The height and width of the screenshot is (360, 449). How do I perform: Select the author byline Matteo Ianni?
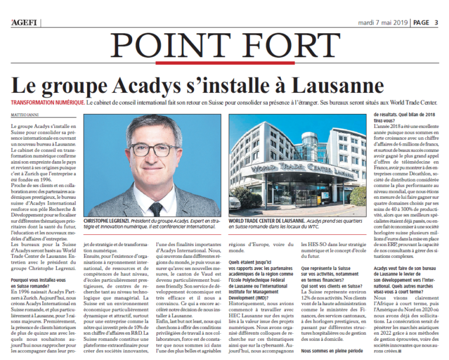click(x=23, y=115)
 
